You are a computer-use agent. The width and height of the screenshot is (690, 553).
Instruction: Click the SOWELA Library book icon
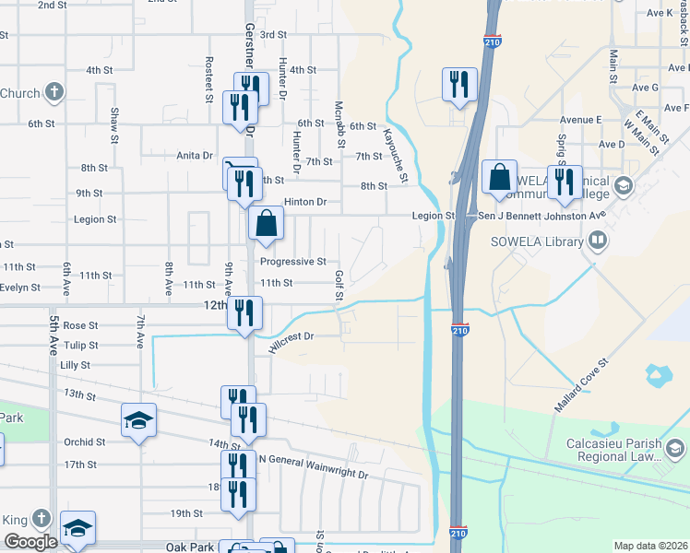[x=599, y=241]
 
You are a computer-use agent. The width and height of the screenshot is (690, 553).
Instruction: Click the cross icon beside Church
[x=54, y=92]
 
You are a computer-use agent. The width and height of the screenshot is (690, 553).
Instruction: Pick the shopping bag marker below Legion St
[x=266, y=223]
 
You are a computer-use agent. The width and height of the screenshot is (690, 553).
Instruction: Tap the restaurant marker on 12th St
[x=244, y=312]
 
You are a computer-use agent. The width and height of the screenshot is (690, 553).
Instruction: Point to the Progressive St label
[x=296, y=262]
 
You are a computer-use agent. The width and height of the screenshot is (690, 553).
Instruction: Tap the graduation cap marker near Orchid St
[x=138, y=421]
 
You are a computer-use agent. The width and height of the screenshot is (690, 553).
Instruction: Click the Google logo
[x=30, y=542]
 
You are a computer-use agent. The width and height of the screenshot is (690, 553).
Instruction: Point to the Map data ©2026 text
[x=650, y=546]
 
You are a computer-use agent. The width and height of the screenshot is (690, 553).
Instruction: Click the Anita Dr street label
[x=196, y=156]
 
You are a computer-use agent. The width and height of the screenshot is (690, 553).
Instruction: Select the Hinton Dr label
[x=305, y=202]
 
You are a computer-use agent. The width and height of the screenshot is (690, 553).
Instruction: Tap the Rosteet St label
[x=209, y=79]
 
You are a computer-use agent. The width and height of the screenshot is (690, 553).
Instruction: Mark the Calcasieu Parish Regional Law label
[x=613, y=449]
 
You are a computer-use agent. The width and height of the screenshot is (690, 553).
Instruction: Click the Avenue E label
[x=581, y=120]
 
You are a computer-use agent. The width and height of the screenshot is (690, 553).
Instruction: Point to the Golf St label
[x=339, y=285]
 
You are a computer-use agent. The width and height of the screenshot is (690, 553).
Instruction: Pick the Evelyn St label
[x=19, y=288]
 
